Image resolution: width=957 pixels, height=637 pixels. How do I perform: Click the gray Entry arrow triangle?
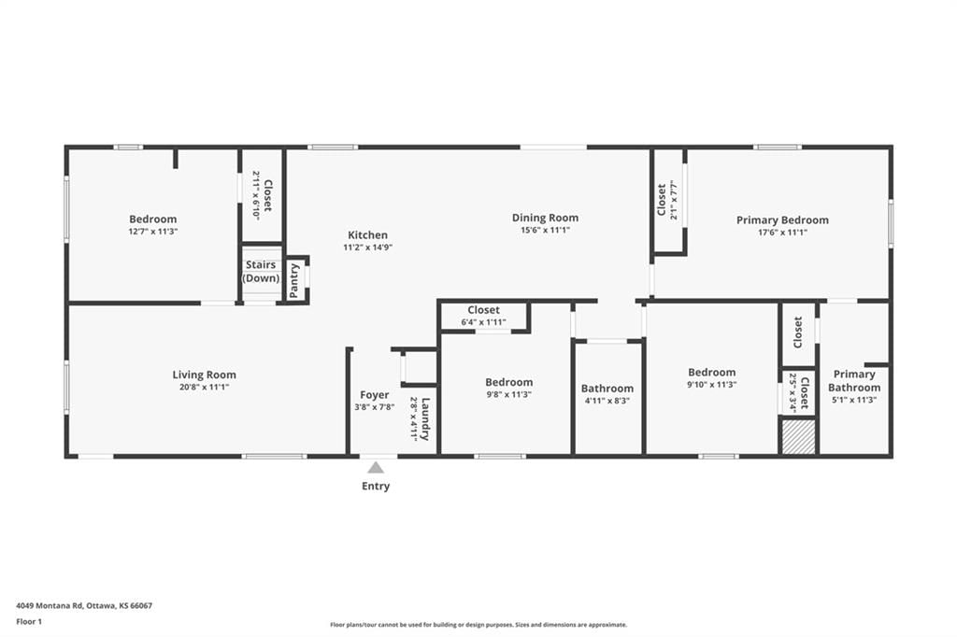pos(376,468)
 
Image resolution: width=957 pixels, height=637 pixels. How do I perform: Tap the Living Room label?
pos(204,375)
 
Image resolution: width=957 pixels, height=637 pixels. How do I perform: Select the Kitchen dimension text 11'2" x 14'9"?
pos(367,248)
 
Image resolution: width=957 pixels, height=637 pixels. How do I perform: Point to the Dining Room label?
pos(545,218)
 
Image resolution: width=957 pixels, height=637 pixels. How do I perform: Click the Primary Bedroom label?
pos(782,220)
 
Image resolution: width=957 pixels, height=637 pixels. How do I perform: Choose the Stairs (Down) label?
pos(262,272)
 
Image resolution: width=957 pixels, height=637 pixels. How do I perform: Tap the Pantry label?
pos(294,280)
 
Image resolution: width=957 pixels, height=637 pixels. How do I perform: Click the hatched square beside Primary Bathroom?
pos(799,437)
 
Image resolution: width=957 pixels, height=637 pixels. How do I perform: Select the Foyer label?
pos(374,395)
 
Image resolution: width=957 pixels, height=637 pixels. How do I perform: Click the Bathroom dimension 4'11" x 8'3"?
pos(607,401)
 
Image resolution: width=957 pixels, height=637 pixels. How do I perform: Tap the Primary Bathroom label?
pos(854,381)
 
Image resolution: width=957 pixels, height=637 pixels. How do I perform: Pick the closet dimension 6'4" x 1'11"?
pos(483,322)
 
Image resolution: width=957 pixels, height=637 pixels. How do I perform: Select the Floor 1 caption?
pos(29,622)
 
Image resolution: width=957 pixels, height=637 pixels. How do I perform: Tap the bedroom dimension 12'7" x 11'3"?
pos(152,232)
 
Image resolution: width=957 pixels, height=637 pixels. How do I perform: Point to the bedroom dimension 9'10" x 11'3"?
pos(711,385)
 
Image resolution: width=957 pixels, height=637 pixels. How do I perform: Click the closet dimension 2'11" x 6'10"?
pos(256,195)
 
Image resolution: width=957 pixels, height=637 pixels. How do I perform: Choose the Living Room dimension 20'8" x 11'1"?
pos(204,387)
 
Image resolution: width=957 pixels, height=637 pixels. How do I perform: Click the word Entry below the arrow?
pos(376,487)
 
